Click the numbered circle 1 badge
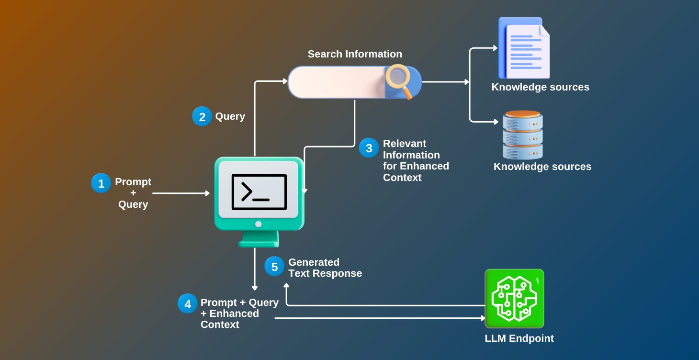pyautogui.click(x=101, y=183)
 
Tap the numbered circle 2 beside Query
pyautogui.click(x=202, y=116)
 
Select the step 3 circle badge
pyautogui.click(x=369, y=148)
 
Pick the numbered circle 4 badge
pyautogui.click(x=188, y=304)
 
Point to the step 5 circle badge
pyautogui.click(x=274, y=267)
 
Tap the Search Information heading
pyautogui.click(x=355, y=54)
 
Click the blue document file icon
pyautogui.click(x=524, y=48)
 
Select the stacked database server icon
pyautogui.click(x=522, y=135)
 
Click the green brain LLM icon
pyautogui.click(x=514, y=298)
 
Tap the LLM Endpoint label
pyautogui.click(x=519, y=338)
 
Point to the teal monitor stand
pyautogui.click(x=259, y=239)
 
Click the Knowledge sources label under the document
pyautogui.click(x=540, y=87)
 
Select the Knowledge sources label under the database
pyautogui.click(x=542, y=167)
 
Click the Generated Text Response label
pyautogui.click(x=325, y=268)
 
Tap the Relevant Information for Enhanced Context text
pyautogui.click(x=416, y=160)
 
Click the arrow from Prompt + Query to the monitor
pyautogui.click(x=181, y=193)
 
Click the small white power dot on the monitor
pyautogui.click(x=259, y=224)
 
